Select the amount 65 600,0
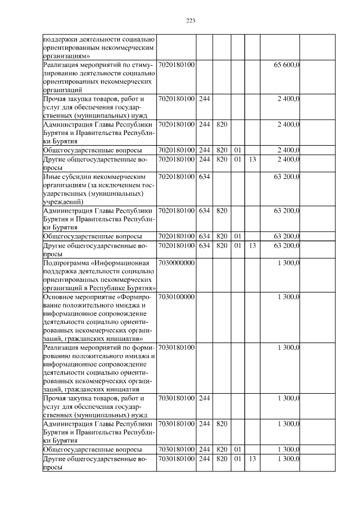(x=286, y=66)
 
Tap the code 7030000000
(x=177, y=263)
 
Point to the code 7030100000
(x=177, y=296)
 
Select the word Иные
(x=51, y=177)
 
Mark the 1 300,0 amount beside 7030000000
(x=289, y=263)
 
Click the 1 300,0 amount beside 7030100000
(x=289, y=296)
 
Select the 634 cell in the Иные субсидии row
(x=205, y=177)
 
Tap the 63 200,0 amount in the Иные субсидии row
(x=286, y=177)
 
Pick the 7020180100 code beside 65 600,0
(x=177, y=66)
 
